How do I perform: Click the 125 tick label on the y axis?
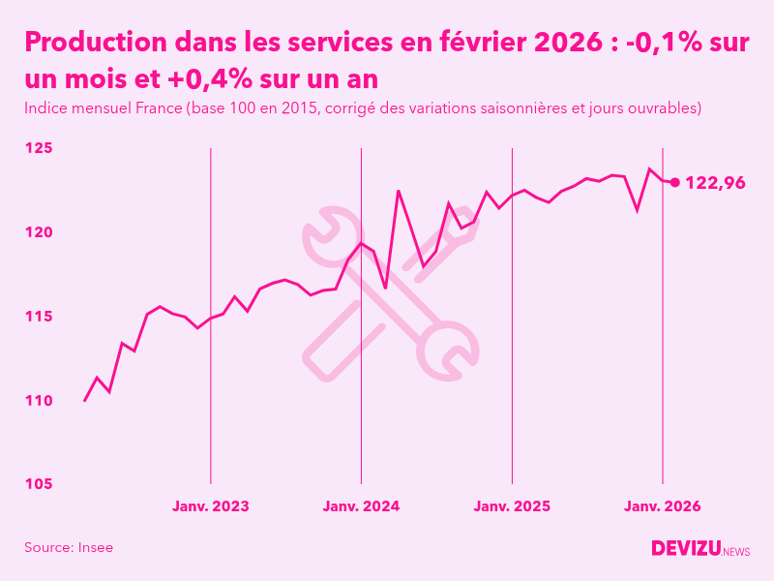38,148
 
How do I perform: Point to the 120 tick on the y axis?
38,232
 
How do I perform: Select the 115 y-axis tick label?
38,317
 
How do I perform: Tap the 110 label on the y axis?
38,400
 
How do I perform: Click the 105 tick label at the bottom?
38,484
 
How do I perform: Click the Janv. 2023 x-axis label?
211,506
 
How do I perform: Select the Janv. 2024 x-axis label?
361,506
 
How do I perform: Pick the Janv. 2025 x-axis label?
512,506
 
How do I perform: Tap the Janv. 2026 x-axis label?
662,506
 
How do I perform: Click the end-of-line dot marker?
675,182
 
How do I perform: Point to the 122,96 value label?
715,182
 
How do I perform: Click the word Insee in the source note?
96,547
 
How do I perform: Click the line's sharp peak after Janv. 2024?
399,191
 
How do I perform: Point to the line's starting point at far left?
85,400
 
